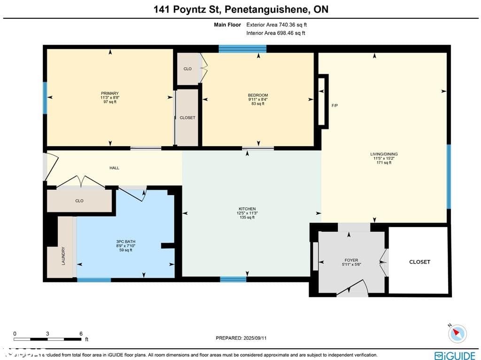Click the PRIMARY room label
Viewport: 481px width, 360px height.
click(109, 94)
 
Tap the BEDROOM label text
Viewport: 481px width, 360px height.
click(258, 95)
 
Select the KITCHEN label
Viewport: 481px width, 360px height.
click(247, 209)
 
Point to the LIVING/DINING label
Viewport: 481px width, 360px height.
click(383, 154)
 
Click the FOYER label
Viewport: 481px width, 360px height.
click(351, 260)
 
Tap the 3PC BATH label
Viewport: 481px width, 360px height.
click(125, 242)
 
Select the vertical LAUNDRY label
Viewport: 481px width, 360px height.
click(63, 256)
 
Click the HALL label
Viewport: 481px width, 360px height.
click(114, 168)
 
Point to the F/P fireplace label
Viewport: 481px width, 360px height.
click(334, 106)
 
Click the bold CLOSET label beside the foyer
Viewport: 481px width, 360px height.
click(419, 262)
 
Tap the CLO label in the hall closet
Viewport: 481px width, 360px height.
click(79, 201)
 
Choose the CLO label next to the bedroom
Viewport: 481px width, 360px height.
click(187, 69)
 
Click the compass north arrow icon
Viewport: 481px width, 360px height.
click(457, 333)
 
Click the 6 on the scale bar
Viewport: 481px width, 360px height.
click(81, 333)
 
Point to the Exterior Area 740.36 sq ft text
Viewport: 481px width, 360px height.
click(276, 25)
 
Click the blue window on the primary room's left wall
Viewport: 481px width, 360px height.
click(45, 98)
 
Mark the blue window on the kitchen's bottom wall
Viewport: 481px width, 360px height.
click(233, 279)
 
